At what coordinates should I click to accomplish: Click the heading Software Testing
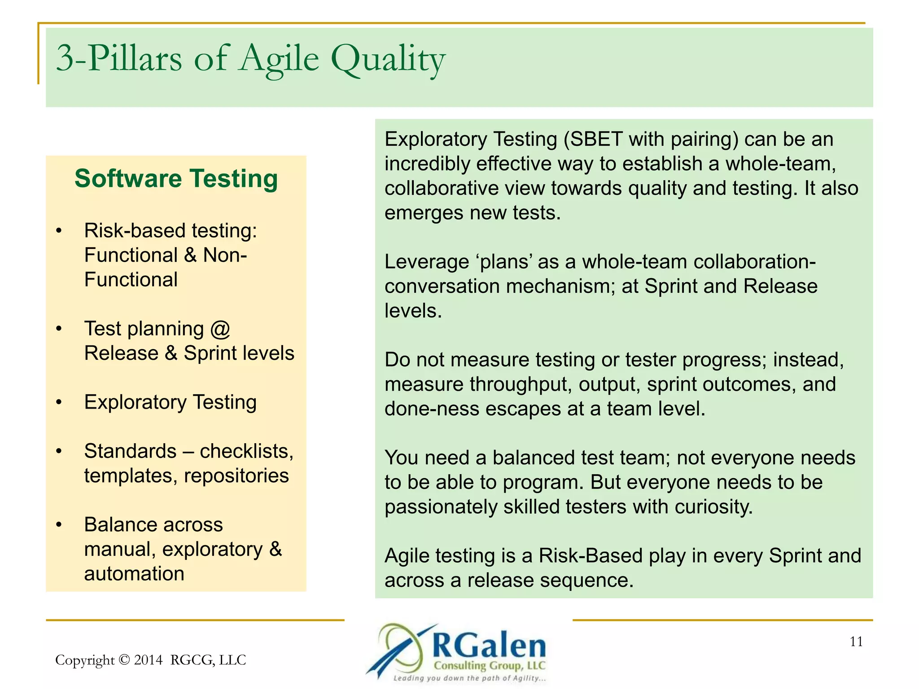coord(176,179)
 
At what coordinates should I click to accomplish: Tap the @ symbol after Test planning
coord(220,329)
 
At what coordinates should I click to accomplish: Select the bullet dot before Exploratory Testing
coord(59,402)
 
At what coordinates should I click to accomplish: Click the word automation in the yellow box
coord(134,574)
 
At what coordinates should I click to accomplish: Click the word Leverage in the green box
coord(426,262)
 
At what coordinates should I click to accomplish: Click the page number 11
coord(856,642)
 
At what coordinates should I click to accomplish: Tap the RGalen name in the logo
coord(489,646)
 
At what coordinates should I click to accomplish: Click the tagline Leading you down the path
coord(469,678)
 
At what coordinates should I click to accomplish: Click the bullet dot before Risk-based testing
coord(59,231)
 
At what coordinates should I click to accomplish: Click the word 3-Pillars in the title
coord(119,60)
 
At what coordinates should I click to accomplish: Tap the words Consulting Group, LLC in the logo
coord(489,666)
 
